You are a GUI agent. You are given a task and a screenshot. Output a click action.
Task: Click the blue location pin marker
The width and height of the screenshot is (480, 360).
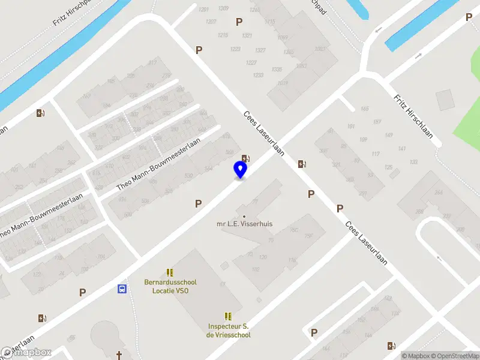click(x=240, y=170)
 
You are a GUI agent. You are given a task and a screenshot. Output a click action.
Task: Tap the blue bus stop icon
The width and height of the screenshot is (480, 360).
click(x=122, y=289)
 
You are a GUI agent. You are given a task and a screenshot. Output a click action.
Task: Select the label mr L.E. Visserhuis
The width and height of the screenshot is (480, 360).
click(x=244, y=224)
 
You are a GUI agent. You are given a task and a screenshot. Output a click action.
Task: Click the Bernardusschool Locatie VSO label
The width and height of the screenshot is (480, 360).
click(x=170, y=286)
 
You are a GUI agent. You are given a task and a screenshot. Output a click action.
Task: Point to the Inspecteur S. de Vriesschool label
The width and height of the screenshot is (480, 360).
click(x=228, y=331)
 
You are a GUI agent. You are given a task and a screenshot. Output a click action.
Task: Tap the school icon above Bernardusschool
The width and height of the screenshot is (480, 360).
click(x=170, y=272)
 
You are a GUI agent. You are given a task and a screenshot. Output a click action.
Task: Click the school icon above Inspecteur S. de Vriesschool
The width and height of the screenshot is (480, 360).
click(x=228, y=316)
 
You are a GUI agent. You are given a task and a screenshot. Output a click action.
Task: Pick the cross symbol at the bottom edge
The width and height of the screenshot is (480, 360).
click(x=119, y=355)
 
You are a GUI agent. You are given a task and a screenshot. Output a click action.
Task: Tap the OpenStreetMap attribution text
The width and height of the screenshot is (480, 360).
click(x=454, y=356)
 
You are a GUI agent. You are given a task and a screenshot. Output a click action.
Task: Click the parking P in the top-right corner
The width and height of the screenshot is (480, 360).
click(x=469, y=17)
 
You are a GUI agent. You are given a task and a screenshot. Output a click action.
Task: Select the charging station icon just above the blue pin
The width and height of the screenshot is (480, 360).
click(x=245, y=158)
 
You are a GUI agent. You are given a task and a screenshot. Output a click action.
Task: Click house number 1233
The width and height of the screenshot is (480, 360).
click(x=259, y=75)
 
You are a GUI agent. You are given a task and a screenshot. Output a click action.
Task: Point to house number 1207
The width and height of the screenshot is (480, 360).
click(x=211, y=22)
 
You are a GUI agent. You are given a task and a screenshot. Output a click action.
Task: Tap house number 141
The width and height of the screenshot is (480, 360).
click(x=402, y=149)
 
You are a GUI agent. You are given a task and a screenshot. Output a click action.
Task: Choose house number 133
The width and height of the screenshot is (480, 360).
click(x=413, y=162)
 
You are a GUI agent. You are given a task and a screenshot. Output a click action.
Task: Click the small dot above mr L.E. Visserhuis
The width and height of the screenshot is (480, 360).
click(x=244, y=216)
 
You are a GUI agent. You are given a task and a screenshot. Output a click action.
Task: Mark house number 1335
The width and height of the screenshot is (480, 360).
click(x=276, y=70)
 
